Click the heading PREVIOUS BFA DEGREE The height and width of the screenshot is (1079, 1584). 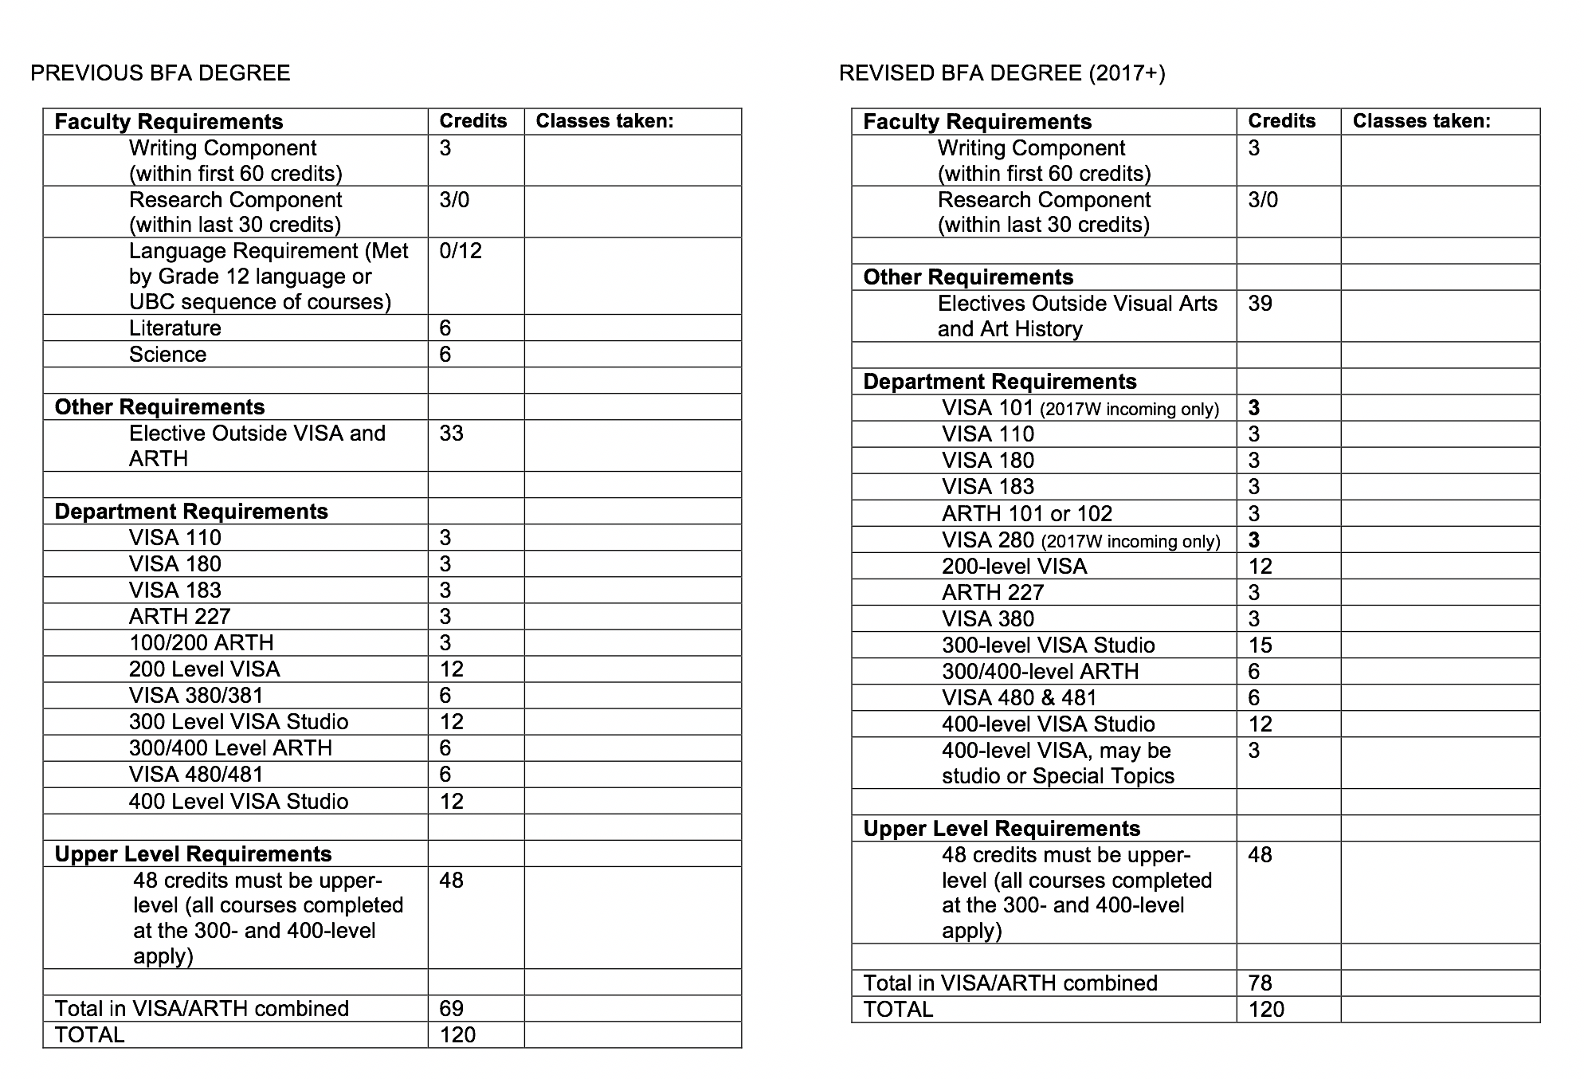160,73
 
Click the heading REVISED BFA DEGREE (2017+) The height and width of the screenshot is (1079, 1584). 1002,73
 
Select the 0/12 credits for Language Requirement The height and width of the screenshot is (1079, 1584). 461,251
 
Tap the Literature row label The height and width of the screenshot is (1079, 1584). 175,328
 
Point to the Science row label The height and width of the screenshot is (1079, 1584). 167,355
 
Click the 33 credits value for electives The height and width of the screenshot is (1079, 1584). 451,434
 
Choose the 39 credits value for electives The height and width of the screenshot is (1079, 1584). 1260,304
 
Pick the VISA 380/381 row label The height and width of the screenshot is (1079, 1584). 196,696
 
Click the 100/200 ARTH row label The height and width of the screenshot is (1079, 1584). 201,643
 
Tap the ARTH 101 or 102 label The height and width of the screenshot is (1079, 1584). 1027,514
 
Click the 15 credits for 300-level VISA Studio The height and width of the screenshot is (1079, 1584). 1260,645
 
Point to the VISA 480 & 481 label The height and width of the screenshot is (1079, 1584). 1019,698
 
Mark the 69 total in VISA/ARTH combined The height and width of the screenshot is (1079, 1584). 451,1009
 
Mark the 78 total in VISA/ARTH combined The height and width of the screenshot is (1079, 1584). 1260,983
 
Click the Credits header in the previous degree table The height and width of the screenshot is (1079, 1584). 473,121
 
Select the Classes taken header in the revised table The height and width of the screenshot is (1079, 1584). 1421,121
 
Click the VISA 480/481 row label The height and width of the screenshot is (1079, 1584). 196,775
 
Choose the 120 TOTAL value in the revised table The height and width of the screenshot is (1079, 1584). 1266,1010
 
